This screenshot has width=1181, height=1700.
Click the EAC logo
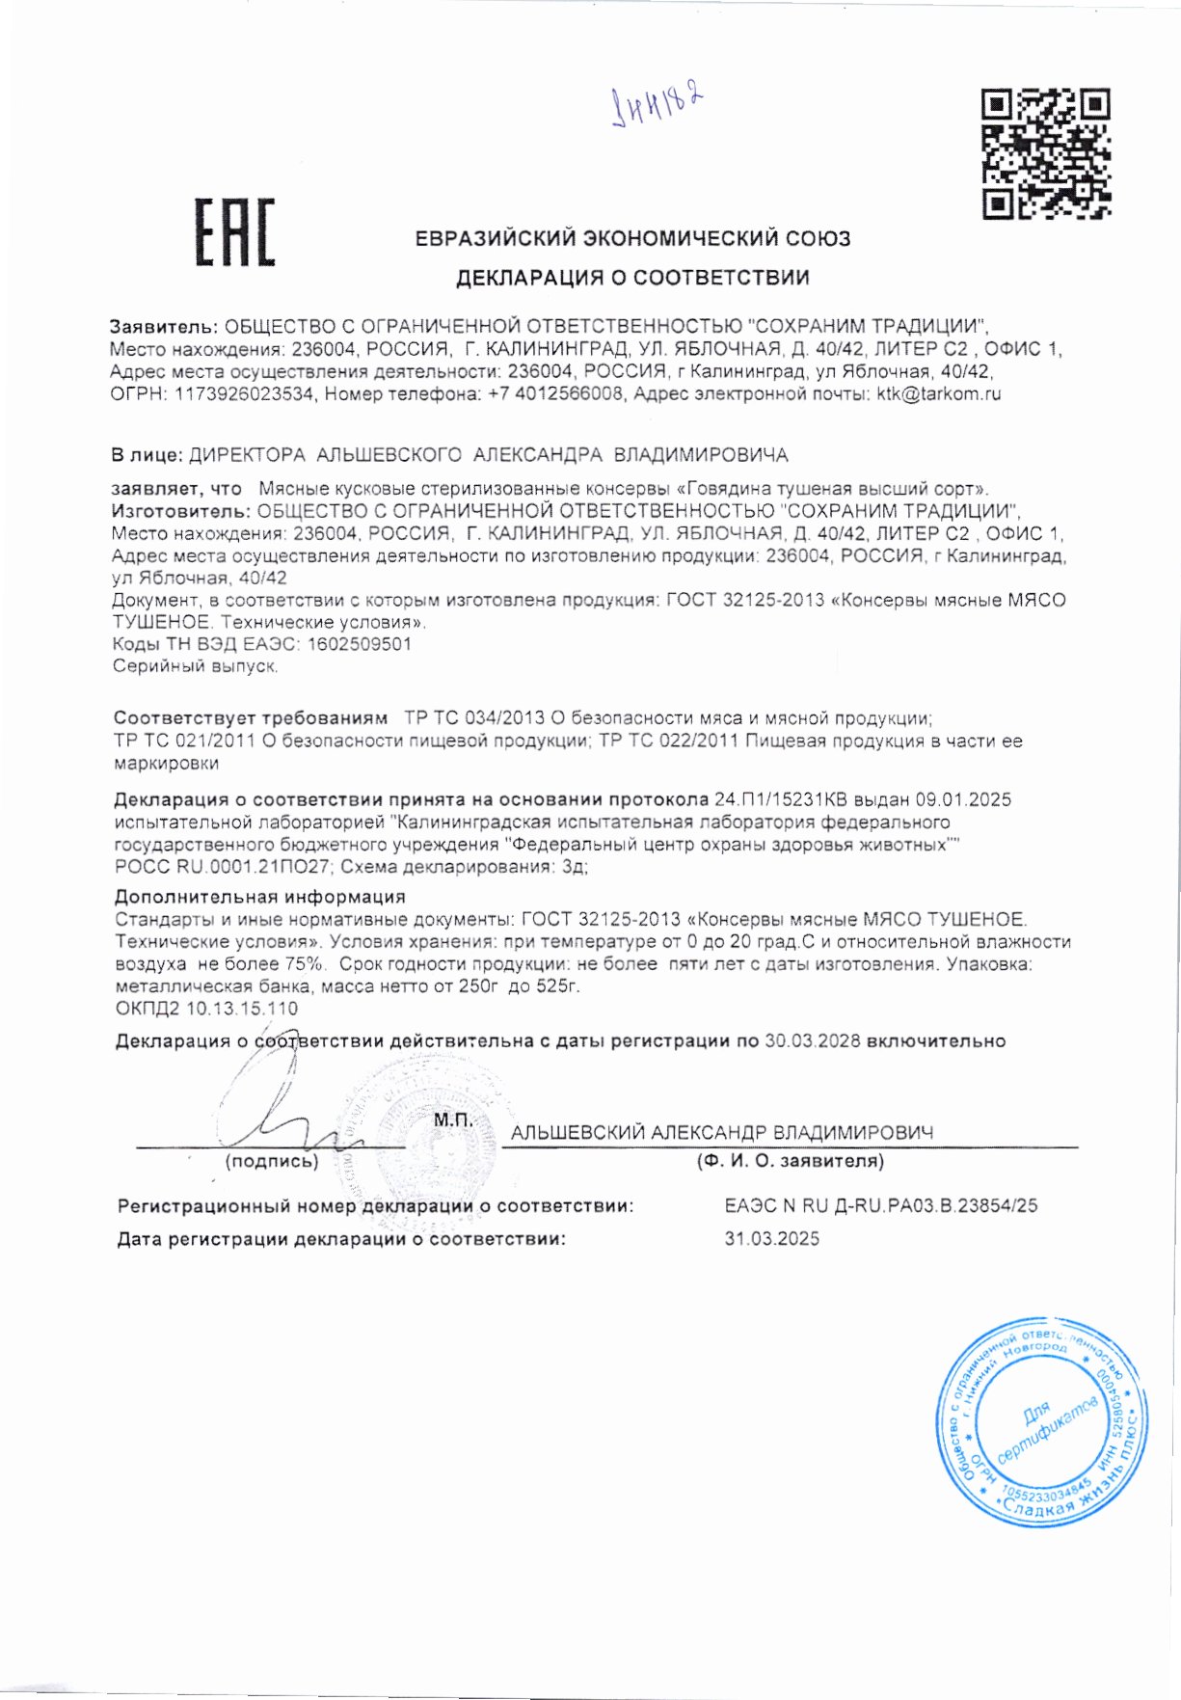pyautogui.click(x=235, y=232)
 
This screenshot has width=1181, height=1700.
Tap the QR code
pyautogui.click(x=1045, y=152)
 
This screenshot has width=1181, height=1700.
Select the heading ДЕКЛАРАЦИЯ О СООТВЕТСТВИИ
pyautogui.click(x=632, y=279)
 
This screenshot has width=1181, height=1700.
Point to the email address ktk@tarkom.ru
pyautogui.click(x=938, y=394)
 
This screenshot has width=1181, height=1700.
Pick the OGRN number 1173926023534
pyautogui.click(x=243, y=394)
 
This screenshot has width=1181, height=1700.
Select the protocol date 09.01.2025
pyautogui.click(x=963, y=799)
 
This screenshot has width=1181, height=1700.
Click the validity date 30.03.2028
pyautogui.click(x=812, y=1041)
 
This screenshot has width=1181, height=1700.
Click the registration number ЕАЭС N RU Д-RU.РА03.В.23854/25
pyautogui.click(x=880, y=1205)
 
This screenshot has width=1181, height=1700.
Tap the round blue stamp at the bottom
pyautogui.click(x=1043, y=1421)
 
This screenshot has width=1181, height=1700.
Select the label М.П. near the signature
pyautogui.click(x=453, y=1120)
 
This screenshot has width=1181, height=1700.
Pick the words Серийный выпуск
pyautogui.click(x=196, y=666)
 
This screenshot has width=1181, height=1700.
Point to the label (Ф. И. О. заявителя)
pyautogui.click(x=791, y=1161)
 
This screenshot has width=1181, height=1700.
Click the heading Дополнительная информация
pyautogui.click(x=259, y=897)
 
